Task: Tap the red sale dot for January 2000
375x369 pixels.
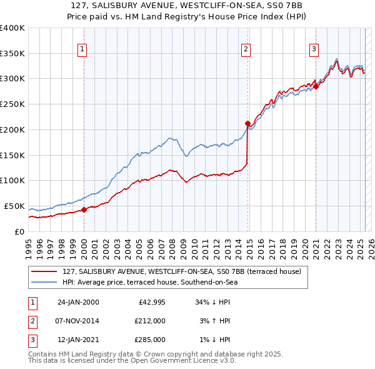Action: pos(84,210)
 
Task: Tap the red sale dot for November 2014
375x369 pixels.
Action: pos(247,123)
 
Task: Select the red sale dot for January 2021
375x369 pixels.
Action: pos(316,86)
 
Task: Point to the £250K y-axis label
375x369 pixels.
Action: pos(12,103)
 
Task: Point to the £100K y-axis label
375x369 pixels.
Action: pos(12,180)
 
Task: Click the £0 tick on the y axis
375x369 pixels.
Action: pos(19,231)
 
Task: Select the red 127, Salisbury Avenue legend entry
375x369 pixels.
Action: pos(181,271)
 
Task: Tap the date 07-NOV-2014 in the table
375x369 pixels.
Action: pos(78,321)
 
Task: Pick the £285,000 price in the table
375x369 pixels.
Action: pos(150,340)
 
